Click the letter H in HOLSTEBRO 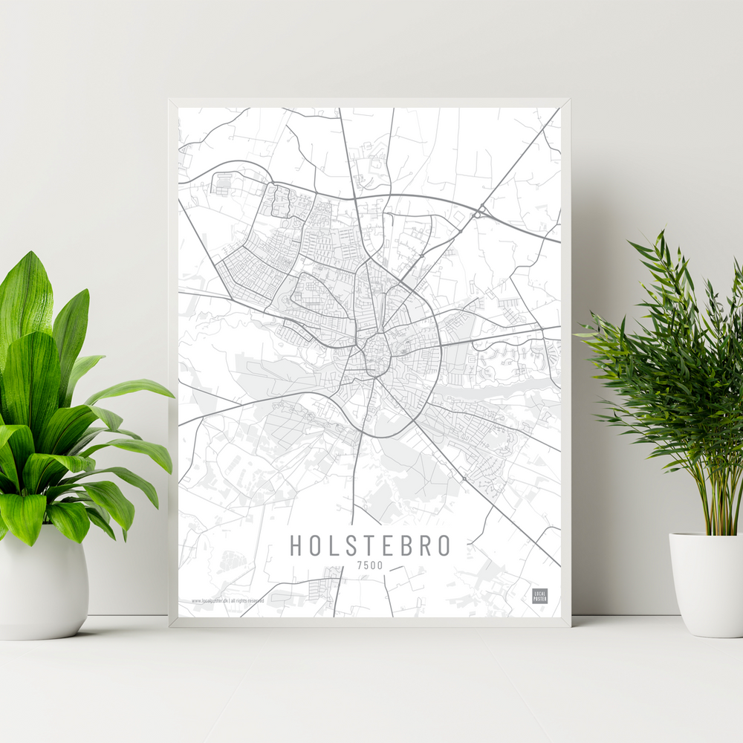pyautogui.click(x=296, y=545)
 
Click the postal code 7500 pyautogui.click(x=370, y=566)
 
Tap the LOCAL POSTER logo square pyautogui.click(x=539, y=596)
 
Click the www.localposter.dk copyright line pyautogui.click(x=227, y=600)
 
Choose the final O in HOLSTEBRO pyautogui.click(x=444, y=545)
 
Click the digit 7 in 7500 pyautogui.click(x=360, y=566)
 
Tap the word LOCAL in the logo pyautogui.click(x=539, y=593)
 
